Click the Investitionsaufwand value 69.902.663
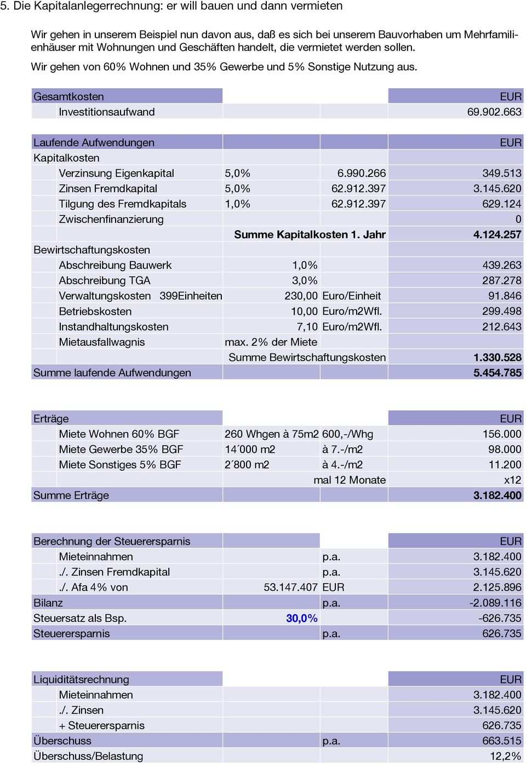tap(494, 112)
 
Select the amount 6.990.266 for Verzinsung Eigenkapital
tap(361, 173)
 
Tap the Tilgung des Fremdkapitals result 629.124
tap(501, 204)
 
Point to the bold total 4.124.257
tap(497, 235)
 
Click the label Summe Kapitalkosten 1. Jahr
tap(310, 235)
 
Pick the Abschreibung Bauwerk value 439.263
tap(501, 265)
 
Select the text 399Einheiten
tap(191, 296)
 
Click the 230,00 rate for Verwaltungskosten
tap(301, 296)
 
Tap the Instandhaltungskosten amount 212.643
tap(501, 327)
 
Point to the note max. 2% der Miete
tap(271, 342)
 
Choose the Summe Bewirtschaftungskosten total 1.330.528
tap(497, 357)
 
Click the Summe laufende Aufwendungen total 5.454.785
tap(497, 373)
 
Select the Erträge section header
tap(51, 419)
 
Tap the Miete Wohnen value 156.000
tap(501, 434)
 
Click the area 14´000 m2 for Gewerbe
tap(250, 449)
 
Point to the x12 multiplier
tap(512, 480)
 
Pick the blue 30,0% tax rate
tap(301, 618)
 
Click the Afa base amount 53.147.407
tap(290, 587)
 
